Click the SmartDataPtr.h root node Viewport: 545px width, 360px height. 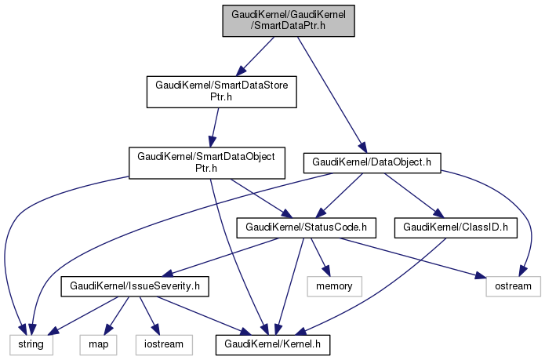tap(289, 20)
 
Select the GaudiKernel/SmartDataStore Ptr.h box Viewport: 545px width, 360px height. tap(222, 91)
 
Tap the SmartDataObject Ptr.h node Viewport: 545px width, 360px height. tap(206, 162)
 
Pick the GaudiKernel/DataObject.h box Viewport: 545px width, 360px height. tap(372, 162)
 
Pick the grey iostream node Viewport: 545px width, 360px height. tap(162, 344)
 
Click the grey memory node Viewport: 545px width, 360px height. tap(335, 286)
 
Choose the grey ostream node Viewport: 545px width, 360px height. tap(514, 286)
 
